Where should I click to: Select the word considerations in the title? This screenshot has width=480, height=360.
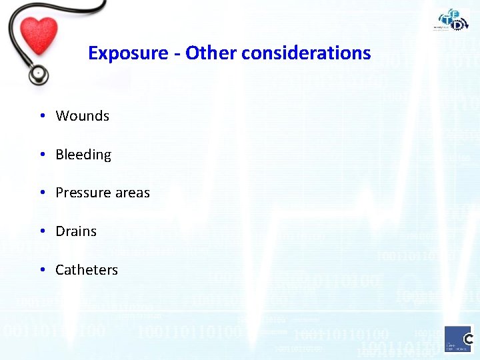(x=306, y=53)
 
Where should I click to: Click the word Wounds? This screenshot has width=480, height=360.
(x=82, y=116)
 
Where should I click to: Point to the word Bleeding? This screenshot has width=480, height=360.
(x=83, y=155)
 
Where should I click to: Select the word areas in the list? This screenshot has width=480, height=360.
(x=134, y=193)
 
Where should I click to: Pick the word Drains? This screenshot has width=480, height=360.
(x=76, y=231)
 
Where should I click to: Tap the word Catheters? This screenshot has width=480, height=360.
(x=87, y=270)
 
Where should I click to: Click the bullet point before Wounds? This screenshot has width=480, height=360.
(x=42, y=116)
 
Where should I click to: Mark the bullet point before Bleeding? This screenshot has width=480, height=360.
(x=42, y=155)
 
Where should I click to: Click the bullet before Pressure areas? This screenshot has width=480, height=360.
(x=42, y=193)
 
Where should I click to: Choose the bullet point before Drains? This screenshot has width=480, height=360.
(x=42, y=231)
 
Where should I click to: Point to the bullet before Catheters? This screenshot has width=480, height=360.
(x=42, y=270)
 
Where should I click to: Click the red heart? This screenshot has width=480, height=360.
(x=39, y=35)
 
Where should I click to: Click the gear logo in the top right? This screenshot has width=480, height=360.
(x=453, y=20)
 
